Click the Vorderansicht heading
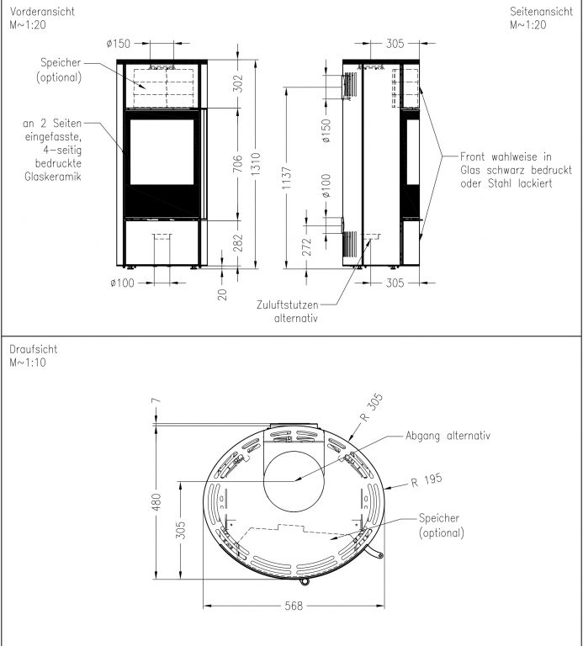[42, 12]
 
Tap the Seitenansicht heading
[541, 12]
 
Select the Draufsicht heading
[34, 349]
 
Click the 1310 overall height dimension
[256, 164]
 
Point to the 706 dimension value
[238, 164]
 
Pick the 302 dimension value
[238, 83]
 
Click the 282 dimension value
[238, 243]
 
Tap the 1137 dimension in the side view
[287, 178]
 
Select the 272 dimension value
[307, 246]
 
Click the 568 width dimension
[294, 606]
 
